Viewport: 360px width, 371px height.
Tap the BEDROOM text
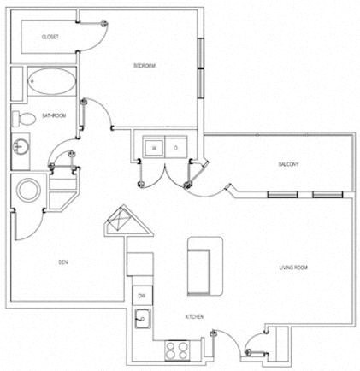144,67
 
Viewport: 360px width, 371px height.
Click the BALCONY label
287,164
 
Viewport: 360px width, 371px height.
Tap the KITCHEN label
194,318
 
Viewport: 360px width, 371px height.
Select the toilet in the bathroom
24,119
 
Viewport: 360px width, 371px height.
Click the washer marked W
153,146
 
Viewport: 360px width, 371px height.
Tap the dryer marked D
175,146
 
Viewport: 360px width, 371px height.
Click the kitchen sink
143,321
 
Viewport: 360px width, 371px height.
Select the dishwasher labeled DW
140,295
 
